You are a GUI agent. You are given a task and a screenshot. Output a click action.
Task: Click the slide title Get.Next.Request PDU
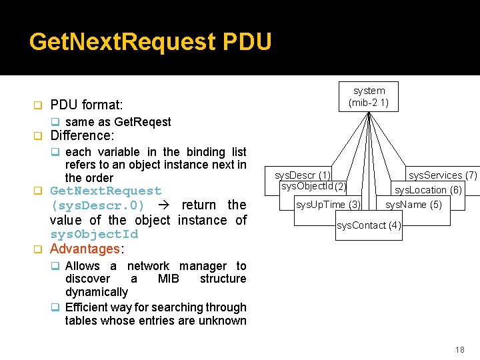point(151,42)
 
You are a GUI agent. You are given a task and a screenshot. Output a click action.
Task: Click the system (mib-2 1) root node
point(369,97)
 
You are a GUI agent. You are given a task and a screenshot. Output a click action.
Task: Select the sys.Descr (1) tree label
point(303,175)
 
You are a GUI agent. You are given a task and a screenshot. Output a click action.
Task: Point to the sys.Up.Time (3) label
point(328,205)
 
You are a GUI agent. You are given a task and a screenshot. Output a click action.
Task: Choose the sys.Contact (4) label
point(369,225)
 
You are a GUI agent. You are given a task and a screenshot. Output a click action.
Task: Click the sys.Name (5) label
point(413,205)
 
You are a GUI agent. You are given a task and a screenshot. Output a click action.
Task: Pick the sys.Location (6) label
point(427,190)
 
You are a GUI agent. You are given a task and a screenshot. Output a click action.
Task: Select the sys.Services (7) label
point(443,175)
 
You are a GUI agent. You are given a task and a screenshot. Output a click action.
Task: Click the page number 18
point(459,350)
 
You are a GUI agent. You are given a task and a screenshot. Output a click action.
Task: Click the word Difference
point(81,135)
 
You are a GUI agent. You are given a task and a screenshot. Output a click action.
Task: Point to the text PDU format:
point(86,105)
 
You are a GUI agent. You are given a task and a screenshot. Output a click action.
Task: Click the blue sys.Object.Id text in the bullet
point(94,234)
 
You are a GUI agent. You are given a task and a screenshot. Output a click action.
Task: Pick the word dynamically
point(97,292)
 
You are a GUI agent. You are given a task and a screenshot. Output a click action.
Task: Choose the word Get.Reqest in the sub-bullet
point(143,122)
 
